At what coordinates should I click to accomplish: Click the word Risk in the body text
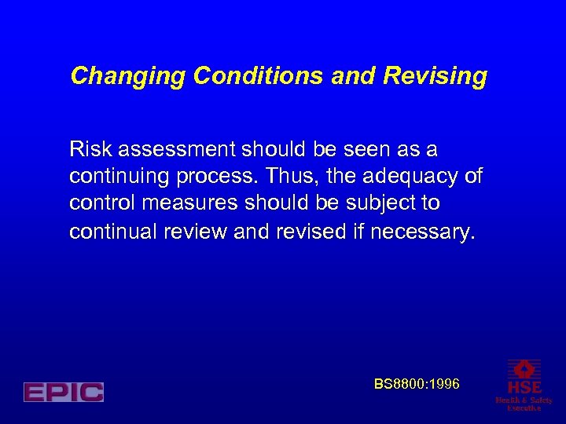click(x=86, y=148)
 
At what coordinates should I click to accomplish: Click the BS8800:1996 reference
click(x=417, y=384)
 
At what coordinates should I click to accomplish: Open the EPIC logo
click(x=64, y=392)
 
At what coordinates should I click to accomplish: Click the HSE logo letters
click(x=524, y=387)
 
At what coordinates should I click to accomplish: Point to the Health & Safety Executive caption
click(x=524, y=404)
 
